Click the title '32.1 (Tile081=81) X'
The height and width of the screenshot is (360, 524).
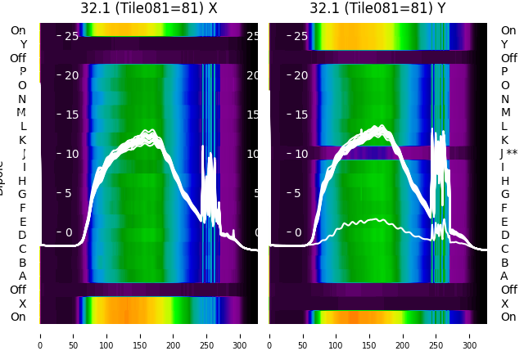click(x=149, y=8)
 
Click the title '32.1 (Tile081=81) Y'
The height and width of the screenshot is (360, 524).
click(x=377, y=8)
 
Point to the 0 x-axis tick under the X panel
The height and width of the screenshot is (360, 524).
click(x=40, y=335)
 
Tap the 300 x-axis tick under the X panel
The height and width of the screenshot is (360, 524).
click(x=241, y=335)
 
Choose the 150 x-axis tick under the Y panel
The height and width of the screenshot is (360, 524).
click(x=370, y=335)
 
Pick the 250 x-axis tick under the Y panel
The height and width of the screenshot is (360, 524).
click(x=436, y=335)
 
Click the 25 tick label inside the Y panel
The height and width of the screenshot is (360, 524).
click(x=300, y=36)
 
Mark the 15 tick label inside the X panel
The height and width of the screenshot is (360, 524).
click(x=71, y=115)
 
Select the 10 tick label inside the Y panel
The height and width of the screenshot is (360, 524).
click(x=300, y=154)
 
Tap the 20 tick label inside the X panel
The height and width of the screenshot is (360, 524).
click(x=71, y=75)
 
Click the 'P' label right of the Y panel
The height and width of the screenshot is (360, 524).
click(x=504, y=71)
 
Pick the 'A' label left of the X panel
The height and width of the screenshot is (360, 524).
click(x=22, y=276)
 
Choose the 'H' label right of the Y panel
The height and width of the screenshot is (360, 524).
click(x=504, y=181)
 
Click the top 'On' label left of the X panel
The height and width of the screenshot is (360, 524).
click(x=18, y=30)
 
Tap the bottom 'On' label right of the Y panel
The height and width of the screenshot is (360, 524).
click(x=508, y=317)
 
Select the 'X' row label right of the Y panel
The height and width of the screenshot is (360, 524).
click(x=504, y=304)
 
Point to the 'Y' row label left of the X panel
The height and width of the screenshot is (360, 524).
click(x=23, y=44)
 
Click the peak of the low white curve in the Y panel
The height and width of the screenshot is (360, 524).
click(x=377, y=219)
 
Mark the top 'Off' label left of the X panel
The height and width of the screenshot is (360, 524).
click(x=18, y=58)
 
